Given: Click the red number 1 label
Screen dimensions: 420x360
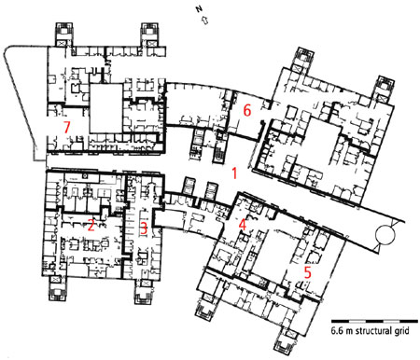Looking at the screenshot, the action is click(234, 173).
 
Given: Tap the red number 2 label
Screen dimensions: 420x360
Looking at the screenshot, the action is click(91, 225).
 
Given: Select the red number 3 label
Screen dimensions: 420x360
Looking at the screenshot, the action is click(144, 228).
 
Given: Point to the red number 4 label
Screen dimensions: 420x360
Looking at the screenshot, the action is click(243, 225).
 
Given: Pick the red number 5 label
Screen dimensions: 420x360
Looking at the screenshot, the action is click(307, 272).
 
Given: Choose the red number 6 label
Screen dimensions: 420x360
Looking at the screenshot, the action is click(247, 110).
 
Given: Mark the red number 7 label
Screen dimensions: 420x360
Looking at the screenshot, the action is click(66, 128).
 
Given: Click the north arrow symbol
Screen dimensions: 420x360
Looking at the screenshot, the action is click(205, 21).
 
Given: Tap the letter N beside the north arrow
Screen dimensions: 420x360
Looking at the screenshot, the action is click(199, 9).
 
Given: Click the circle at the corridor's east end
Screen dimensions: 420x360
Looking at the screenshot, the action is click(385, 235).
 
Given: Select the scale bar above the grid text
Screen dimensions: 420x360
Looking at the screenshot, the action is click(374, 321).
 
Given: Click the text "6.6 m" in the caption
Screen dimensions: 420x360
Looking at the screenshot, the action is click(342, 330).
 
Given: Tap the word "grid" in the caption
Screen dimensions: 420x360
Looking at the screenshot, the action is click(402, 331).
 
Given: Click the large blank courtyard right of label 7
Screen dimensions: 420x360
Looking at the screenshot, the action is click(105, 108).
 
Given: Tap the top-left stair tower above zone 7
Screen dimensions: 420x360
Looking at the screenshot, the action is click(63, 34).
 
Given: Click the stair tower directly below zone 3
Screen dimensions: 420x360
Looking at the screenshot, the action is click(144, 292).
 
